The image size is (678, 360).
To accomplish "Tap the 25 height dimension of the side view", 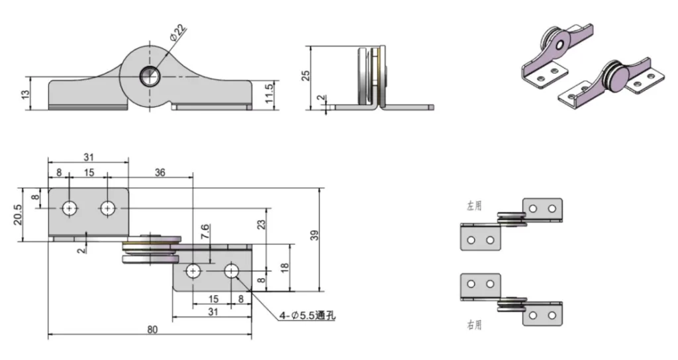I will [x=305, y=75].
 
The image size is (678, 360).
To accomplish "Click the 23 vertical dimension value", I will [x=262, y=224].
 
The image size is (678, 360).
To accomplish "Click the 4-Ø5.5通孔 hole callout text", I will [x=307, y=316].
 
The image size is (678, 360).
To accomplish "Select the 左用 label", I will [x=474, y=206].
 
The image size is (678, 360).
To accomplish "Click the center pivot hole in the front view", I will [x=149, y=77].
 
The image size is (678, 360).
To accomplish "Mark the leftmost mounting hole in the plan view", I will [x=69, y=208].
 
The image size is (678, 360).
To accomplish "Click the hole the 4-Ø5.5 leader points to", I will [x=232, y=271].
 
